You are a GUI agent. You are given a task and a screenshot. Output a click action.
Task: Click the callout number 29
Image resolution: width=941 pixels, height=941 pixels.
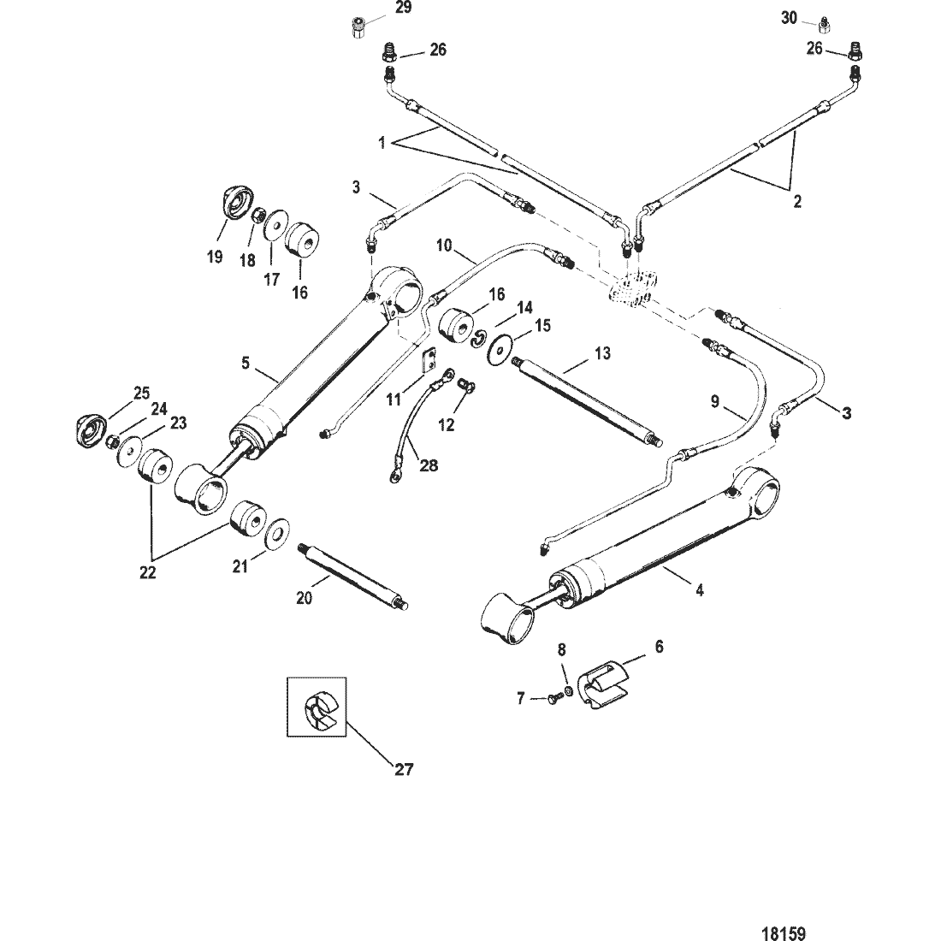pyautogui.click(x=403, y=9)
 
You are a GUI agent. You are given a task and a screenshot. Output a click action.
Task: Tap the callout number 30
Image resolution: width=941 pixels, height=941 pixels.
pyautogui.click(x=789, y=18)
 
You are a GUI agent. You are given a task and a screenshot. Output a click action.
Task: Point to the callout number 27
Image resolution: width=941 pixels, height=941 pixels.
pyautogui.click(x=403, y=769)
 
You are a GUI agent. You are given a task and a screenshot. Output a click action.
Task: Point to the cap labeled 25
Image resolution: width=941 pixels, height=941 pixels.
pyautogui.click(x=92, y=429)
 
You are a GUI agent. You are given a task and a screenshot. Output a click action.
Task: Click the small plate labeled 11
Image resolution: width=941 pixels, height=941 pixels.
pyautogui.click(x=427, y=361)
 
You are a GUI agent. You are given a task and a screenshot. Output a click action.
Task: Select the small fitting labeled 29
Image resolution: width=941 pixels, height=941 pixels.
pyautogui.click(x=357, y=27)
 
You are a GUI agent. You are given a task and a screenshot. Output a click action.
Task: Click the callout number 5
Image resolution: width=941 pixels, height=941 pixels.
pyautogui.click(x=245, y=363)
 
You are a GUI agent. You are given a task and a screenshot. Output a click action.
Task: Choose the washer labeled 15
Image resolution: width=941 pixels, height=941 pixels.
pyautogui.click(x=500, y=348)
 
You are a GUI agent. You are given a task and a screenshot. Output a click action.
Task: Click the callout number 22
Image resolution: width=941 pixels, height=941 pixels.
pyautogui.click(x=148, y=572)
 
